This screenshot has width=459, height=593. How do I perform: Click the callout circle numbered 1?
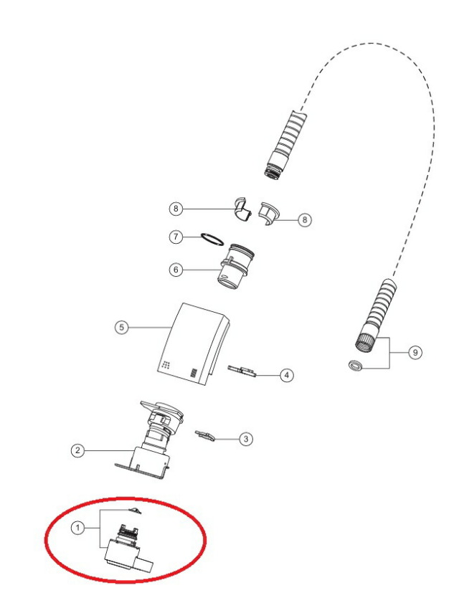[77, 528]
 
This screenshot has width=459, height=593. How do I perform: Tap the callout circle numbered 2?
[77, 450]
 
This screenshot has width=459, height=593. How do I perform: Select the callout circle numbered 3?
[246, 439]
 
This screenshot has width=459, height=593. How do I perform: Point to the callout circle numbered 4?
[286, 375]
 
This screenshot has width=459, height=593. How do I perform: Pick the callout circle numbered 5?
[121, 327]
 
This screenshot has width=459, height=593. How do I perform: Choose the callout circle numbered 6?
[176, 270]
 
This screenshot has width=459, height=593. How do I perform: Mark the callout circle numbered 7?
[176, 237]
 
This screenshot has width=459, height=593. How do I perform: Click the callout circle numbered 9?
[415, 353]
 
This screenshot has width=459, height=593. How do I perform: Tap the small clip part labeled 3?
[204, 435]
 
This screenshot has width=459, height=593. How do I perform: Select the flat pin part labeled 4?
[242, 371]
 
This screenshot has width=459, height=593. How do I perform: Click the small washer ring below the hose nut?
[355, 366]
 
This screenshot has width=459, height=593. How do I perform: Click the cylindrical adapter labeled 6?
[235, 266]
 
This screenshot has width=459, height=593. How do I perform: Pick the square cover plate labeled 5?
[193, 344]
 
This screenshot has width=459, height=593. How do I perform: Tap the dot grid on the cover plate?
[166, 365]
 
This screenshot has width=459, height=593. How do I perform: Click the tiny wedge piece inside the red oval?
[135, 511]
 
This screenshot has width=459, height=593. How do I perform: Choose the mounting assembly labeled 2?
[149, 440]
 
